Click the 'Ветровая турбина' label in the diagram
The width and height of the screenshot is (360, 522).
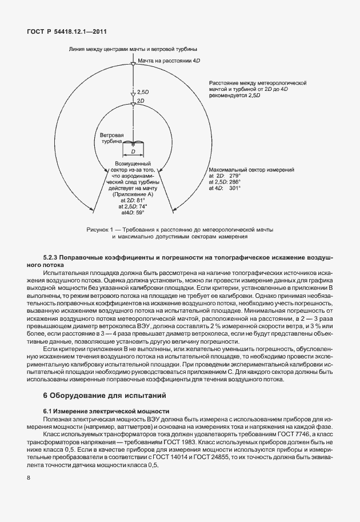[x=109, y=140]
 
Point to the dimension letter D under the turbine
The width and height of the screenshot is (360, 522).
[x=133, y=153]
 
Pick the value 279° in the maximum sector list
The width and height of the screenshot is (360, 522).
[x=234, y=176]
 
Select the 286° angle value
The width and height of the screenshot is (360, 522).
[x=235, y=182]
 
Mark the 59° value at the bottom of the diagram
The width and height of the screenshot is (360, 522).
[x=139, y=212]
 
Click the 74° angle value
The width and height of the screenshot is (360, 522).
[x=141, y=206]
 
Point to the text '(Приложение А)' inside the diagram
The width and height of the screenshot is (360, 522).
[x=133, y=195]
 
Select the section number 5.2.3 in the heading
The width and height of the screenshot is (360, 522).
[x=53, y=258]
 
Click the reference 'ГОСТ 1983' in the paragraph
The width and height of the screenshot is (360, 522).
[x=170, y=443]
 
